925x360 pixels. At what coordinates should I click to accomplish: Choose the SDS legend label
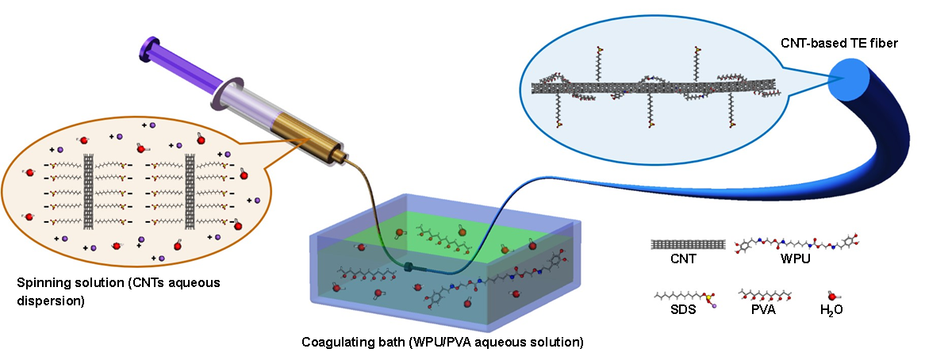tap(683, 310)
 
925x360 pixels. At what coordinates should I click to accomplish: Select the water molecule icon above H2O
tap(833, 296)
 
